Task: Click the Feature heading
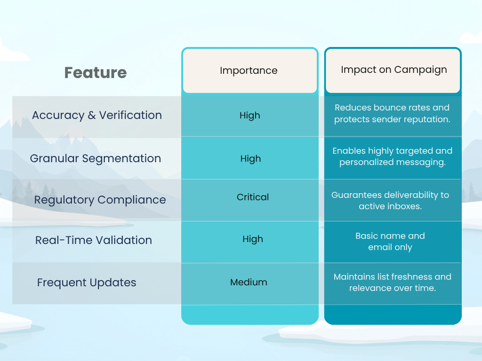96,73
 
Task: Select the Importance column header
249,71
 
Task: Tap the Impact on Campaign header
394,70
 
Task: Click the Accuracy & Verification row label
97,115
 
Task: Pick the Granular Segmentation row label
96,158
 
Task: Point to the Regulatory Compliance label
100,200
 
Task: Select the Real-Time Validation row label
94,240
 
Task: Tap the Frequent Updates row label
87,283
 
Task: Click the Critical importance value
253,197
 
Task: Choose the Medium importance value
249,282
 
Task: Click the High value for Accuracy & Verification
249,116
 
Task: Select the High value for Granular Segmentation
250,159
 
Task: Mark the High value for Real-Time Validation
253,239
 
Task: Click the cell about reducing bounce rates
392,113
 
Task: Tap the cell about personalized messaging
392,157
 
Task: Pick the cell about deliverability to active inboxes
390,200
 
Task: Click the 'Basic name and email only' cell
390,242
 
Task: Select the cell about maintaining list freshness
392,282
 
